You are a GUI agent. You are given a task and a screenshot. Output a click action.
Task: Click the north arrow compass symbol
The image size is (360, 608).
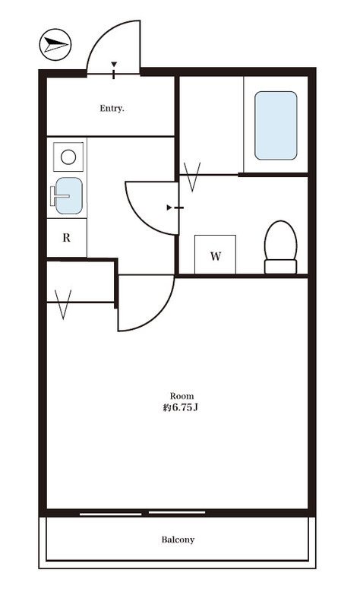click(x=55, y=45)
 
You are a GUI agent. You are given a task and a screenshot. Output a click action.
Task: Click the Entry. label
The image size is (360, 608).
click(x=112, y=108)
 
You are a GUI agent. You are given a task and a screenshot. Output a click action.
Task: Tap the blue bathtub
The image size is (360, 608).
click(x=276, y=125)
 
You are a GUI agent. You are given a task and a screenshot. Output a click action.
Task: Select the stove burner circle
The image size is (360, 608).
click(x=68, y=157)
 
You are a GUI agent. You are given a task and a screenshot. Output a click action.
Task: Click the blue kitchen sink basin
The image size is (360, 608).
click(x=69, y=196)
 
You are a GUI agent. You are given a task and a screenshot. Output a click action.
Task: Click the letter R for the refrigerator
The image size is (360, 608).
click(x=67, y=238)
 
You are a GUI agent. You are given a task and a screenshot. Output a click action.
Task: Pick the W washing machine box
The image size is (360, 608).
click(x=216, y=255)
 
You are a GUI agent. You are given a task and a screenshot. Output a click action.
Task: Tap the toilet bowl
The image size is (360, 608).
click(x=280, y=240)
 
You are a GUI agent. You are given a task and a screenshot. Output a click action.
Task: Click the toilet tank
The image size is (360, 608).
click(x=280, y=267)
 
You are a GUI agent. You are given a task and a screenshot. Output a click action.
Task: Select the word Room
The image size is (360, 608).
click(x=182, y=396)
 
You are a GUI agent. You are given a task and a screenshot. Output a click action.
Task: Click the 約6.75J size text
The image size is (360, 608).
click(x=181, y=408)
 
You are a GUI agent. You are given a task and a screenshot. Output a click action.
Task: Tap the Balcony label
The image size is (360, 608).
click(x=178, y=540)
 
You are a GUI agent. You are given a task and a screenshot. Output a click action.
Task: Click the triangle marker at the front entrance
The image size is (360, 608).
click(x=114, y=65)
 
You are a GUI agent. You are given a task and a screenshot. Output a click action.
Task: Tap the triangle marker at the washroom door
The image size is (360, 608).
click(x=169, y=207)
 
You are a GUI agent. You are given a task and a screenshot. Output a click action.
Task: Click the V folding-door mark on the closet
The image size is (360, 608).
click(x=63, y=305)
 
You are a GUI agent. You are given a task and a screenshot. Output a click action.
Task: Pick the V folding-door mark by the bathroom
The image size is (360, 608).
click(x=192, y=177)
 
